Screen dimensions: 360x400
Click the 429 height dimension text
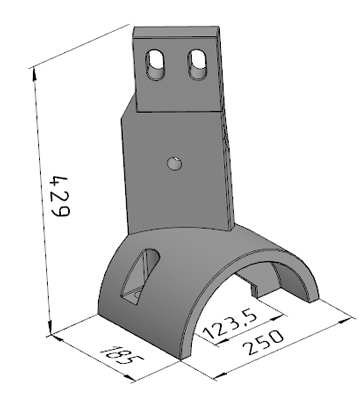(59, 196)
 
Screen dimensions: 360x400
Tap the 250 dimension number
(263, 343)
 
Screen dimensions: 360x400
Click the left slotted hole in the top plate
(155, 65)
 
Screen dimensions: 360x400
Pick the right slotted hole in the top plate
(198, 64)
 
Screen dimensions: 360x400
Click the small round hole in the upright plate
(175, 163)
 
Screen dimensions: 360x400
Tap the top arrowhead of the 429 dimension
(34, 75)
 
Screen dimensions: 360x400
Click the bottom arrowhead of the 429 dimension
(50, 327)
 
